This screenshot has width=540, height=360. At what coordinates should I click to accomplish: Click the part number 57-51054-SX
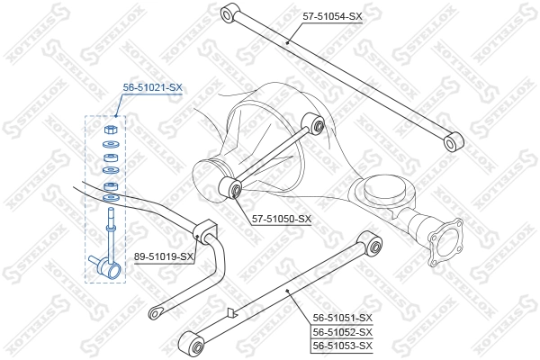click(332, 16)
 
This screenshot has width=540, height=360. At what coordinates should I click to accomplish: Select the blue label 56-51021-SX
click(153, 88)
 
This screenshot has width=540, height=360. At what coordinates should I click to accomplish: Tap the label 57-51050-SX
click(282, 219)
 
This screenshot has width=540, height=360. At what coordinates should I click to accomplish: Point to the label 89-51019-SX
click(164, 256)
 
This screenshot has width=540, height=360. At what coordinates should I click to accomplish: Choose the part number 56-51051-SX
click(343, 318)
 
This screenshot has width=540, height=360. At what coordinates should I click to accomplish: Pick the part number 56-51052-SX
click(343, 332)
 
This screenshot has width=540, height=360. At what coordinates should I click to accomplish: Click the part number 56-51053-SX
click(343, 346)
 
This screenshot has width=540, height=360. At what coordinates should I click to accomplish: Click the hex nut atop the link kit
click(111, 130)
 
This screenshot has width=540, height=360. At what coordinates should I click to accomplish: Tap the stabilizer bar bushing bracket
click(204, 231)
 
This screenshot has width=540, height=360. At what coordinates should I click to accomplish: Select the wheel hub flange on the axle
click(445, 242)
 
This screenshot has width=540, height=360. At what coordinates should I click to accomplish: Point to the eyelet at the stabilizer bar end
click(156, 313)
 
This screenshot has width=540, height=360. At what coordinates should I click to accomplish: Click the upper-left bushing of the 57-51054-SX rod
click(229, 13)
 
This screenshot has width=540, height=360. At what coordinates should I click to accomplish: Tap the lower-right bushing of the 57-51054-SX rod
click(454, 141)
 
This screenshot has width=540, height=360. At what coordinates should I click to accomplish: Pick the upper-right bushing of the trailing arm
click(370, 243)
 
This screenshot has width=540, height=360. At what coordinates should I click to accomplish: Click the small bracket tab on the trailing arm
click(231, 312)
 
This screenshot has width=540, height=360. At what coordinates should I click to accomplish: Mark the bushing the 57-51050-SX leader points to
click(230, 187)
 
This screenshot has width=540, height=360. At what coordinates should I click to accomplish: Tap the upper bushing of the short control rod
click(312, 124)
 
